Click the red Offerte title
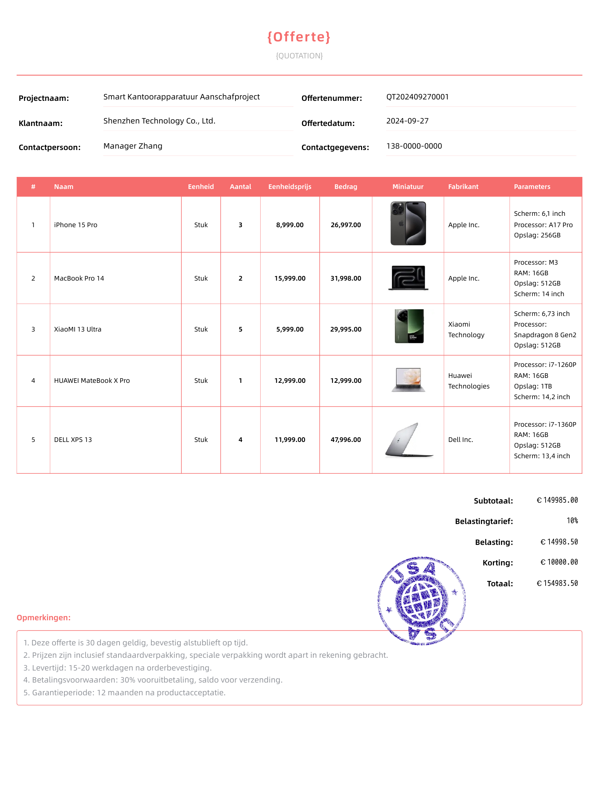tap(299, 37)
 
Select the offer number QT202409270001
tap(417, 97)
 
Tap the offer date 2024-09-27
tap(407, 121)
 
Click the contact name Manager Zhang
tap(133, 146)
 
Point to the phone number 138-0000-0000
tap(414, 146)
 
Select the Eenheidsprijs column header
tap(290, 187)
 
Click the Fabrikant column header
tap(463, 187)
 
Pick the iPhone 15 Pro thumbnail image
tap(408, 223)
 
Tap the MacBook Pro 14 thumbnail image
tap(408, 277)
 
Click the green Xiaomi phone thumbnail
tap(409, 326)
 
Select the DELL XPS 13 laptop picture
tap(408, 440)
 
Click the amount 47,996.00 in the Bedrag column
tap(345, 440)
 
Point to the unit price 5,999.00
tap(290, 329)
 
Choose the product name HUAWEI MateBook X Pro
tap(92, 380)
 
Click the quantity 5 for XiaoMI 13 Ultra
tap(240, 329)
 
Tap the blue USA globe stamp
tap(421, 600)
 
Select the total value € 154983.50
tap(557, 583)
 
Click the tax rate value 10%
tap(572, 520)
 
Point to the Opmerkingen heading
tap(44, 617)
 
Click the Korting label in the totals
tap(498, 563)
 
